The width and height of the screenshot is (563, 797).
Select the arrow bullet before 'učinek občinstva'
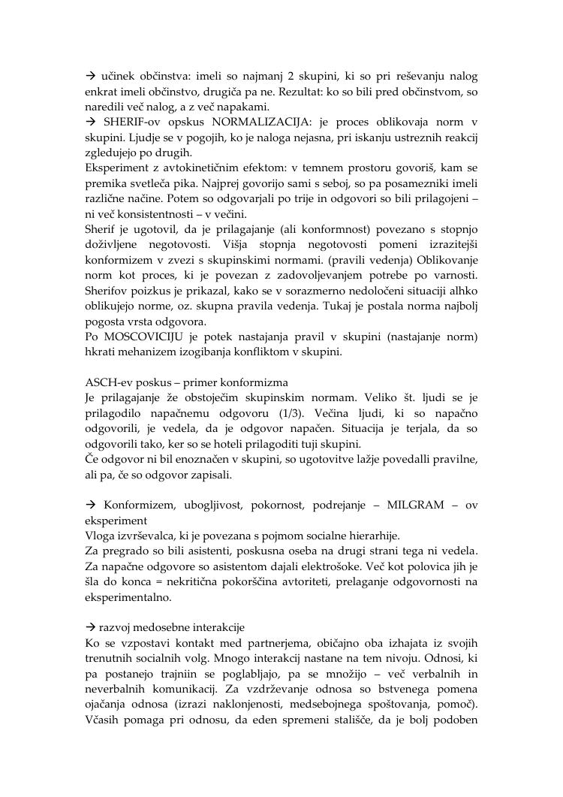tap(87, 76)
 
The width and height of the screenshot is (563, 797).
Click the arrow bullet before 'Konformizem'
tap(87, 506)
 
